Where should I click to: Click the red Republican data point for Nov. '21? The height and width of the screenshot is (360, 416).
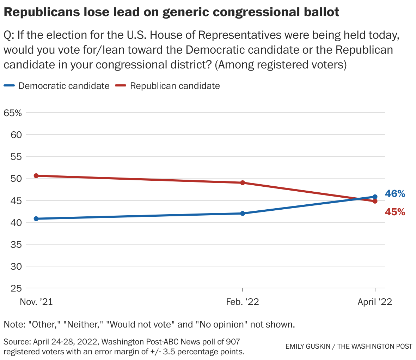tap(36, 176)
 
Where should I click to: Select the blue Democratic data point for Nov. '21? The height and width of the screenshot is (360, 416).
tap(36, 219)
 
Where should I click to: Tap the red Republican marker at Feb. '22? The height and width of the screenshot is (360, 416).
tap(243, 183)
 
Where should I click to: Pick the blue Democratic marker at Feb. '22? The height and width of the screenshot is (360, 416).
tap(243, 214)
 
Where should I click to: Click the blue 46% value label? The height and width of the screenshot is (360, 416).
tap(395, 194)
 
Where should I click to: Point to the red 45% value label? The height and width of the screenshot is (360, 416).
tap(395, 212)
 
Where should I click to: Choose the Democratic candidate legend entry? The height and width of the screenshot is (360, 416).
tap(63, 86)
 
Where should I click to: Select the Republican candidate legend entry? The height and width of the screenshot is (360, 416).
tap(175, 86)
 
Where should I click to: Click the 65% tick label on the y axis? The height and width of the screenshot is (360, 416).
tap(13, 113)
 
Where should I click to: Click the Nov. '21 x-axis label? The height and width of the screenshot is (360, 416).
tap(36, 302)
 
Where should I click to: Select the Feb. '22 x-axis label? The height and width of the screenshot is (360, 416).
tap(243, 302)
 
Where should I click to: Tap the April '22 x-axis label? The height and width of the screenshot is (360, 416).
tap(375, 302)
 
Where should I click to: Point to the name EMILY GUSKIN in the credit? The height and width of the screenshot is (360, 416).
tap(307, 346)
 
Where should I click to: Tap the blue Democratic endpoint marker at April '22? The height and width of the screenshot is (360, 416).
tap(375, 197)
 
